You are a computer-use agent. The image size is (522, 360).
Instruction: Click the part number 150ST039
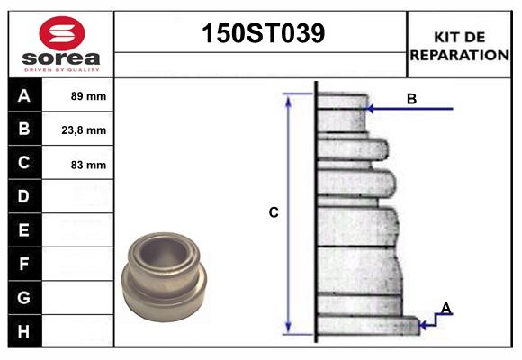262,33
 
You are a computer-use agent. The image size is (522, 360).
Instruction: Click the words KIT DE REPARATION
460,45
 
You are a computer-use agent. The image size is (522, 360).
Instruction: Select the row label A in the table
23,95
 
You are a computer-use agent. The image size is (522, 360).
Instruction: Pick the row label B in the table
23,130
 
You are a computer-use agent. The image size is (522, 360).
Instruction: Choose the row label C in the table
23,164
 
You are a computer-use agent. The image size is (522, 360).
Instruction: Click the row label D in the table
23,196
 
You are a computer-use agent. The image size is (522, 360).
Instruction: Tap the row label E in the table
23,230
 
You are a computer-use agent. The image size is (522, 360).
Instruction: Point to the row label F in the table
23,264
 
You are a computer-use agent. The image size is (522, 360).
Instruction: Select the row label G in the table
23,297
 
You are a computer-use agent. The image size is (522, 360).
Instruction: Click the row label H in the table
23,331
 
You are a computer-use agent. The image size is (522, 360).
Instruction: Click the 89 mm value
88,96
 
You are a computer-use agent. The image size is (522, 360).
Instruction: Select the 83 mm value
88,165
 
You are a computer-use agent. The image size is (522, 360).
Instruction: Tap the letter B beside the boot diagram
411,99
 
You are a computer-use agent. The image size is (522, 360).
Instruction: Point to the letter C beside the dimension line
274,213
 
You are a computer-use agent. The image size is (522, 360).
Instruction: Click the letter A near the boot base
445,309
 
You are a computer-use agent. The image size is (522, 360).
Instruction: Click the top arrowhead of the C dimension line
288,97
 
